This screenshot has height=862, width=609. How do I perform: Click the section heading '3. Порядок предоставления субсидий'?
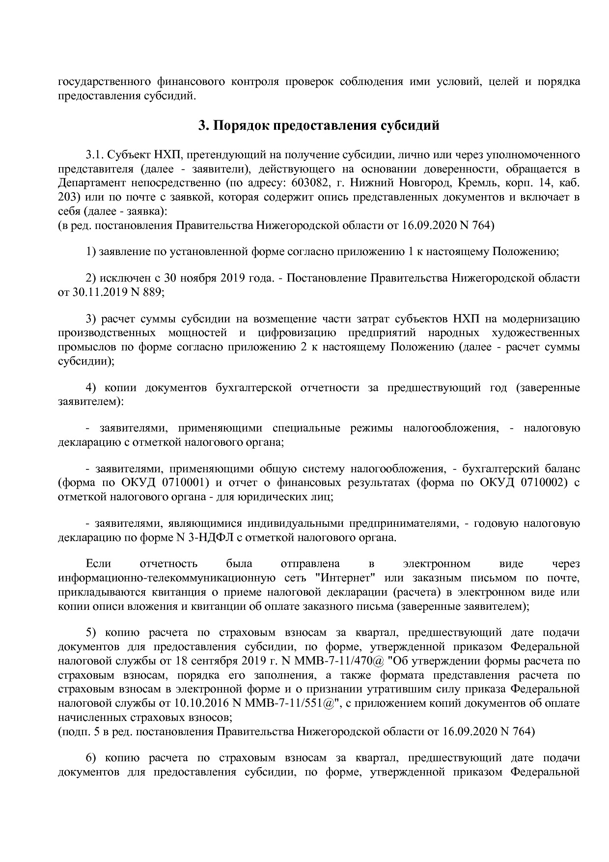click(318, 126)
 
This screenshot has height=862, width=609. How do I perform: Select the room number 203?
click(66, 198)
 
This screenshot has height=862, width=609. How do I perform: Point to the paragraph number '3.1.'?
click(94, 155)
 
